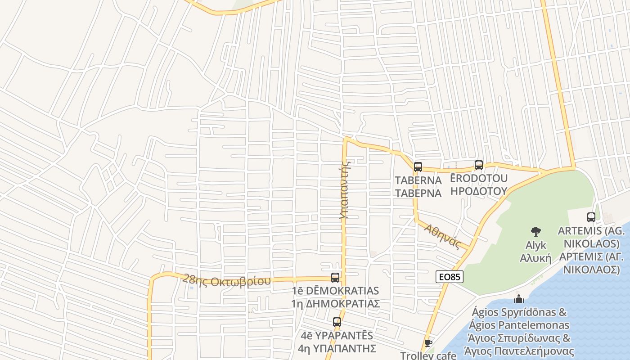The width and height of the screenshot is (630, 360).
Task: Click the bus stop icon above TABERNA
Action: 418,167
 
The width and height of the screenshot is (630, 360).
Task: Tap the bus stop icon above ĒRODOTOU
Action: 479,165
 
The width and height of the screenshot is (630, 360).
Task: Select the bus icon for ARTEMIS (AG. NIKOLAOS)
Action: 591,217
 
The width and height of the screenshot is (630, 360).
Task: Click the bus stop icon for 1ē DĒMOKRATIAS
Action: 335,278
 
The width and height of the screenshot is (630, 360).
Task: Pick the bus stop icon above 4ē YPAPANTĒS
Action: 337,322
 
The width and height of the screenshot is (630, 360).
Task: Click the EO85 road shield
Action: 449,277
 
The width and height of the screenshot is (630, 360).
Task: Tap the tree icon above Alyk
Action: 535,232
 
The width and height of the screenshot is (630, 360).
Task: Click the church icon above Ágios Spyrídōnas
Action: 519,299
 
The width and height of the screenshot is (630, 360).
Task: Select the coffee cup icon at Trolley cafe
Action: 428,343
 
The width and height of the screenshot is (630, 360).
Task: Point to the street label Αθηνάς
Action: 443,237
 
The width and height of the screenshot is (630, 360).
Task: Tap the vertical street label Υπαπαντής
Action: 345,189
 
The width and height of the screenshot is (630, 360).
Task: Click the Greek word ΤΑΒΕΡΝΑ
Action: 418,193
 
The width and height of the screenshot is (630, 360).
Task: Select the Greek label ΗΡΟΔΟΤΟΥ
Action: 479,191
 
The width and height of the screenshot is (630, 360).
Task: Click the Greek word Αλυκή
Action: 535,258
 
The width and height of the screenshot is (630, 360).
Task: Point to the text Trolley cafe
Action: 428,355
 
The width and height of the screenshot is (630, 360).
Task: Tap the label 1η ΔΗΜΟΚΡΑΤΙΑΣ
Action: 335,304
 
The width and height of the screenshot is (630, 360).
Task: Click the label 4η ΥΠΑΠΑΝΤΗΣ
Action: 337,348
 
